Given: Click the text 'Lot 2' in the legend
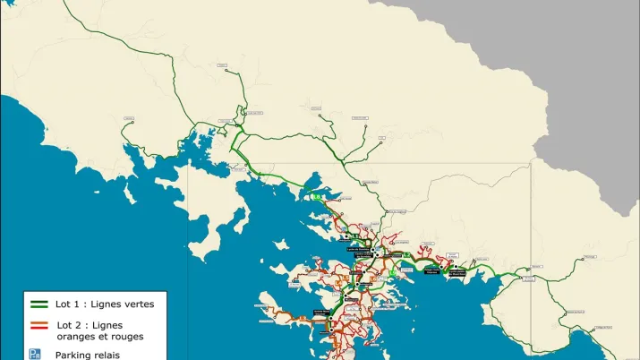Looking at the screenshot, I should pos(71,325).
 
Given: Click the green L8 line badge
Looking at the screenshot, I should pos(315,198).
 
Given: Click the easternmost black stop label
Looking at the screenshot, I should pos(457,273).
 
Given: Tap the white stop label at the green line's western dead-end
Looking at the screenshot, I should pos(131,123).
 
